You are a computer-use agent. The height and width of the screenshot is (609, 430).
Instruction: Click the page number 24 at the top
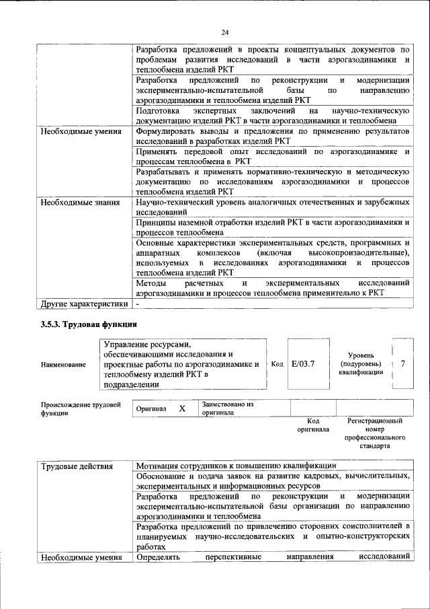pos(224,31)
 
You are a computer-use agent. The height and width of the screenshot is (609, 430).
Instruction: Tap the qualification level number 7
pos(402,363)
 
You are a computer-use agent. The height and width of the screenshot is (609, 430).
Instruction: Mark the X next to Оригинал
pos(182,408)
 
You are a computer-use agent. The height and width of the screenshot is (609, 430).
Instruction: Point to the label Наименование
pos(63,364)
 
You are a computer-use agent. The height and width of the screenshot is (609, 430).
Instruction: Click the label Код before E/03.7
pos(276,363)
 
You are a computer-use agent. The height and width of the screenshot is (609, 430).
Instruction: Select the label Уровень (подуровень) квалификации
pos(361,363)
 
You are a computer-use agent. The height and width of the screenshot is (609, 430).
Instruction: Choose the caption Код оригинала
pos(313,425)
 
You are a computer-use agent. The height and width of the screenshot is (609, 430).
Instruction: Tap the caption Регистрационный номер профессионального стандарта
pos(374,433)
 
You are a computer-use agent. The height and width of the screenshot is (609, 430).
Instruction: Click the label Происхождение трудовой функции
pos(81,408)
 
